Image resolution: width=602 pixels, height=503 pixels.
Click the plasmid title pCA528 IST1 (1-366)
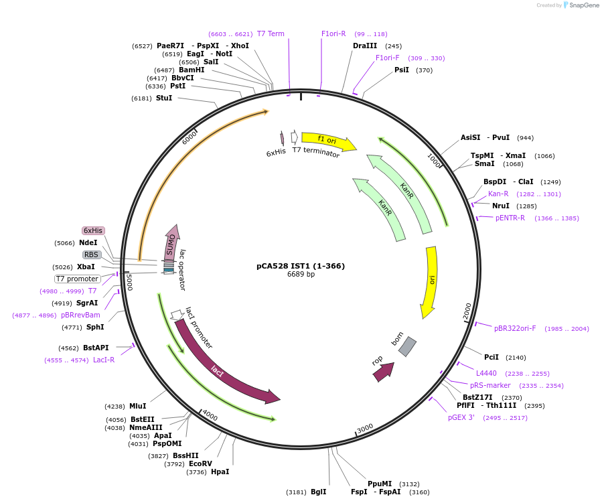[301, 265]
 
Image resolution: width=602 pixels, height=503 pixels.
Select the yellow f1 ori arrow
[327, 140]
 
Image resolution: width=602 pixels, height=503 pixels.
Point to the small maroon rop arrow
[383, 371]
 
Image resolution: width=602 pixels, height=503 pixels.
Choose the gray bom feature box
[407, 346]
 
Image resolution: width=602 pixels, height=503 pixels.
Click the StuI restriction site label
[164, 98]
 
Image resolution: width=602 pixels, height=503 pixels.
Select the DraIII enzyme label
[365, 46]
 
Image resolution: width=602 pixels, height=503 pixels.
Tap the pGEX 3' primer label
[461, 418]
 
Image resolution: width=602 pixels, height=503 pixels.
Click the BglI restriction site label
[319, 492]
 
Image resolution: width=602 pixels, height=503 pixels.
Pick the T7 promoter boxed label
[78, 279]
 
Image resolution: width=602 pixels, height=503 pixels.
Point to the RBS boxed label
[92, 255]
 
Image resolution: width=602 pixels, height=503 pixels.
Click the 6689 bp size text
[301, 275]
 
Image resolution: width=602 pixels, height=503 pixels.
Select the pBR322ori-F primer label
[515, 329]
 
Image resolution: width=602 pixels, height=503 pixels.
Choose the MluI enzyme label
[138, 406]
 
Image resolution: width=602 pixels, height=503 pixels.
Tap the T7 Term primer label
[271, 33]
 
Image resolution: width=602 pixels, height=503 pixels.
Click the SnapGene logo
[581, 5]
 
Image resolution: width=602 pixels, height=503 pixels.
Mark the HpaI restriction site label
[220, 472]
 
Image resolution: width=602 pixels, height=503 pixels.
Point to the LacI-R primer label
[104, 360]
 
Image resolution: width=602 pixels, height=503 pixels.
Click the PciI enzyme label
[492, 358]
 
